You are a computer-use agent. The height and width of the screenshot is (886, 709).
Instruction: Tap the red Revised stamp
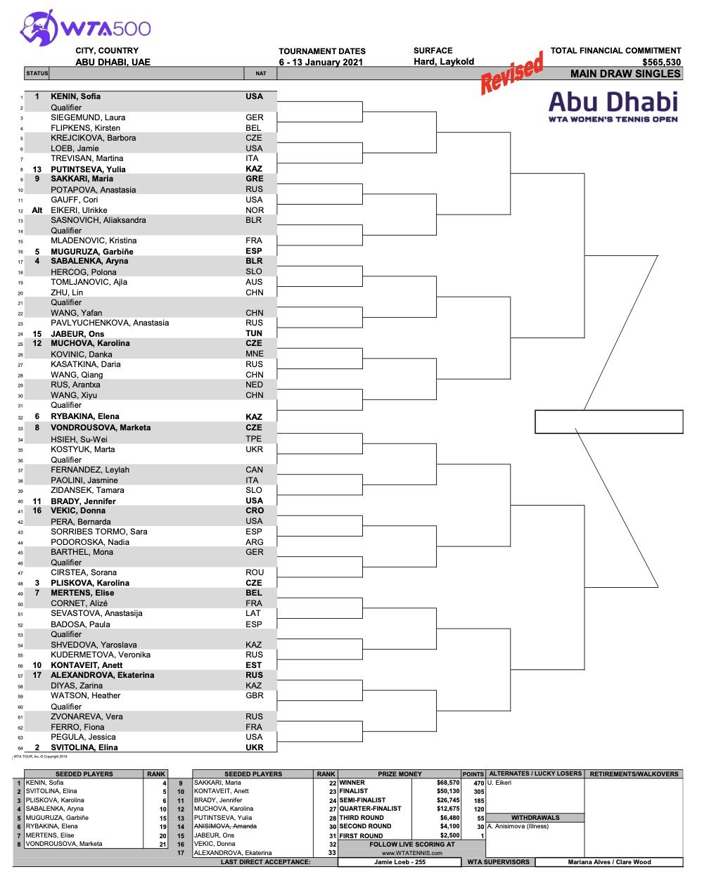pyautogui.click(x=512, y=73)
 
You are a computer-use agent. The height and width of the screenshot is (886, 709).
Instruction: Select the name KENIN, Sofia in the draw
pyautogui.click(x=75, y=96)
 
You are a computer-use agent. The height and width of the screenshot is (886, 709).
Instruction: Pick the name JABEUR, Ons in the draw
pyautogui.click(x=77, y=334)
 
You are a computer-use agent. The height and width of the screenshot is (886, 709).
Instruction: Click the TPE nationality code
pyautogui.click(x=253, y=439)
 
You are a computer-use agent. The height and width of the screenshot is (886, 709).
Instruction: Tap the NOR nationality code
pyautogui.click(x=254, y=210)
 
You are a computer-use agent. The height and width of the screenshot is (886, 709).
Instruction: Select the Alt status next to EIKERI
pyautogui.click(x=37, y=210)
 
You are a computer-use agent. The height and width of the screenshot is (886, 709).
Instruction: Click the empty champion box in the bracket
pyautogui.click(x=608, y=422)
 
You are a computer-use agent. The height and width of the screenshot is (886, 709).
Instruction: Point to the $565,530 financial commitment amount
pyautogui.click(x=661, y=62)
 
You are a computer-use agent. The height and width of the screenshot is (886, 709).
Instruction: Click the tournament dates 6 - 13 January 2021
pyautogui.click(x=321, y=62)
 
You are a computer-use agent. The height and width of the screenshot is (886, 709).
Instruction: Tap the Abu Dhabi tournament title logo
pyautogui.click(x=613, y=105)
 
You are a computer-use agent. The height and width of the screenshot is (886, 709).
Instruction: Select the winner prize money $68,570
pyautogui.click(x=447, y=783)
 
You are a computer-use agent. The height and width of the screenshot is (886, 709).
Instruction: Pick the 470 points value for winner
pyautogui.click(x=478, y=783)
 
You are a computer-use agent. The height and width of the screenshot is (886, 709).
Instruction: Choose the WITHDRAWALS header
pyautogui.click(x=535, y=818)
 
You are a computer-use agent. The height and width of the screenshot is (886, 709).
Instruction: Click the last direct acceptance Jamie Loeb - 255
pyautogui.click(x=400, y=862)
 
